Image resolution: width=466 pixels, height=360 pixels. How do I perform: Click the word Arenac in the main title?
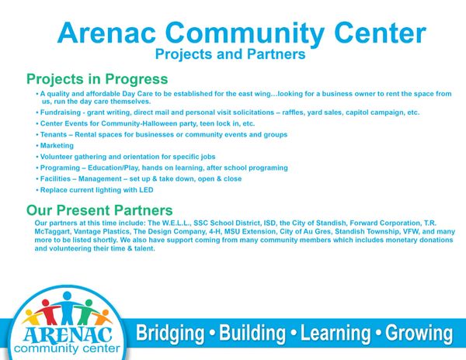(x=106, y=33)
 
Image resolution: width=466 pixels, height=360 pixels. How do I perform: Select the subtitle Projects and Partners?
(x=231, y=54)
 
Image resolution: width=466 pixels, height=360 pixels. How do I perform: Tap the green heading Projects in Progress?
(x=97, y=79)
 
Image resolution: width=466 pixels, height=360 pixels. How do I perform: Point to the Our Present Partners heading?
(x=99, y=210)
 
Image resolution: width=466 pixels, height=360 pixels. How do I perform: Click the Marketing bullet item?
(x=57, y=146)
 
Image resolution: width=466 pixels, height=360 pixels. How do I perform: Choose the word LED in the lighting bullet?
(x=146, y=190)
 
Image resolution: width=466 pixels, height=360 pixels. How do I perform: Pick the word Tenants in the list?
(x=54, y=135)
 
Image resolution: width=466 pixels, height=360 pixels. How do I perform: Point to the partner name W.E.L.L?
(x=176, y=223)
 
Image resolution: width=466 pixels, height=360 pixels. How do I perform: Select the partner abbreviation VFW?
(x=410, y=231)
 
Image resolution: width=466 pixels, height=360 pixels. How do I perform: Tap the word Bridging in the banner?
(x=170, y=334)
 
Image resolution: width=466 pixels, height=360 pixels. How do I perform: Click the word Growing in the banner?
(x=419, y=334)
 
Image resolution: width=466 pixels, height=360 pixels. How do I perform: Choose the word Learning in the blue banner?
(x=336, y=334)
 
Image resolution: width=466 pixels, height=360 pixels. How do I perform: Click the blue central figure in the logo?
(x=67, y=308)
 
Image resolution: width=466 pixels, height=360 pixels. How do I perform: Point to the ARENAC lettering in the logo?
(x=68, y=334)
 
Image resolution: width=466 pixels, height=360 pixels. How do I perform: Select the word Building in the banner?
(x=252, y=333)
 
